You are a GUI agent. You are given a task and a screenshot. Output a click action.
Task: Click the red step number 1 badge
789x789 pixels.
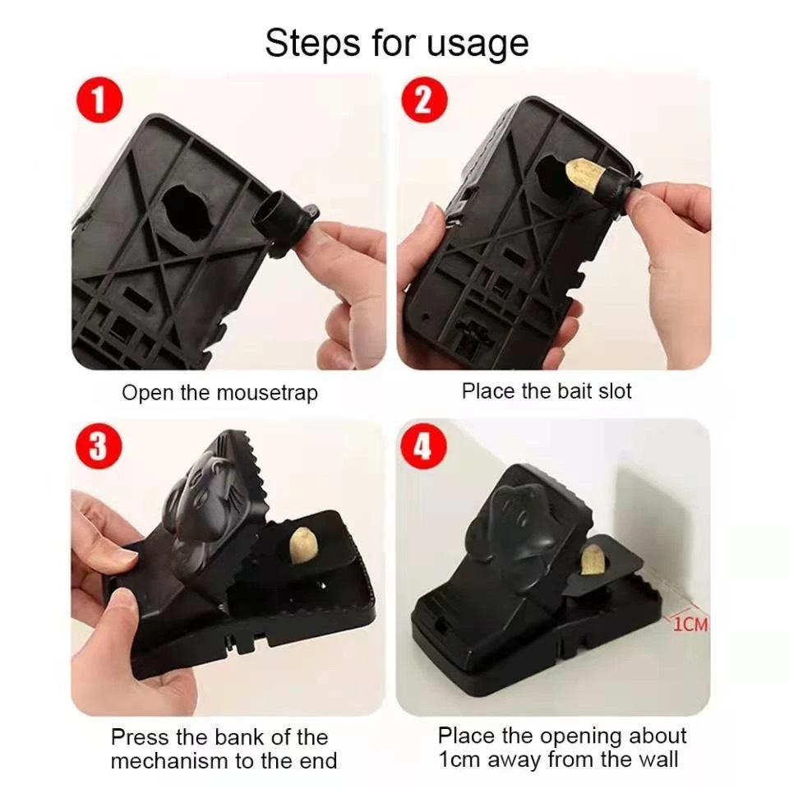[x=99, y=100]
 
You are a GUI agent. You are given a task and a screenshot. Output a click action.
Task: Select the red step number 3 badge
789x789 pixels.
[x=99, y=446]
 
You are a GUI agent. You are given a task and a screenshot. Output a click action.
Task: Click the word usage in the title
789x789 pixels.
[x=477, y=45]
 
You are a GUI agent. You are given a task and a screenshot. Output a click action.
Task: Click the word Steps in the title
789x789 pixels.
[x=312, y=42]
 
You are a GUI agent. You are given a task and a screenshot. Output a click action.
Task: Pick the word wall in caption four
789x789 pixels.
[x=657, y=759]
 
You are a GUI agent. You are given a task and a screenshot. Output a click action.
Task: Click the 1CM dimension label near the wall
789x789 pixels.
[x=690, y=625]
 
